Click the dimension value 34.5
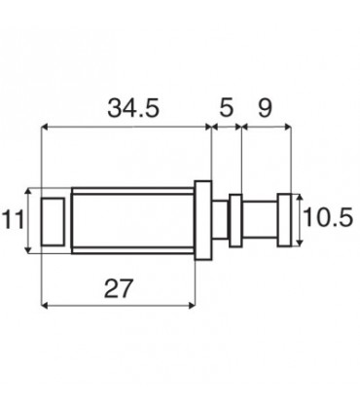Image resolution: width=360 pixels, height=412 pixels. (131, 108)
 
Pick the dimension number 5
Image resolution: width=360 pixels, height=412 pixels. (226, 108)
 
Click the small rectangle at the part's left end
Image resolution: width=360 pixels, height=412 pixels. (54, 221)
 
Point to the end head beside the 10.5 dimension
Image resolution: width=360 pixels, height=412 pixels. (283, 221)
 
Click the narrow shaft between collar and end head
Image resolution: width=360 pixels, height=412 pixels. (258, 221)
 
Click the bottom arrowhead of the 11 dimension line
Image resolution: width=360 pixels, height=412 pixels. (31, 250)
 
